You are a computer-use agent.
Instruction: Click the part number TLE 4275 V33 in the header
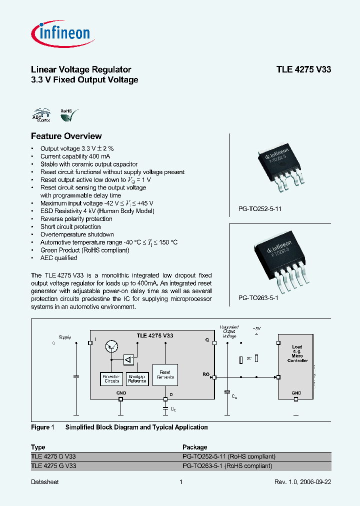coord(303,70)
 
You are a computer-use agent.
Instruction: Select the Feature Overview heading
coord(66,136)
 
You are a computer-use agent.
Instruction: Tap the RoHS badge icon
coord(68,116)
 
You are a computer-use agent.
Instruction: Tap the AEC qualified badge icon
coord(41,116)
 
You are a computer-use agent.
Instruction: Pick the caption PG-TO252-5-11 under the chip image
coord(256,208)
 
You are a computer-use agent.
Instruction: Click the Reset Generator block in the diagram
coord(165,375)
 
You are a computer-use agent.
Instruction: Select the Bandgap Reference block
coord(137,379)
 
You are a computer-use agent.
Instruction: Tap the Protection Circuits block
coord(110,379)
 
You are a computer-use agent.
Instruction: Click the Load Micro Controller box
coord(297,370)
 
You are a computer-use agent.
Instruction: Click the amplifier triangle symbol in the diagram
coord(129,360)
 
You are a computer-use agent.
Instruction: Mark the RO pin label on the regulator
coord(206,373)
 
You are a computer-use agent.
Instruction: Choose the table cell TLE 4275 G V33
coord(54,466)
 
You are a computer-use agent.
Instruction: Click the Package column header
coord(194,447)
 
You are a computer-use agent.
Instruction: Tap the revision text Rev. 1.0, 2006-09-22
coord(302,481)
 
